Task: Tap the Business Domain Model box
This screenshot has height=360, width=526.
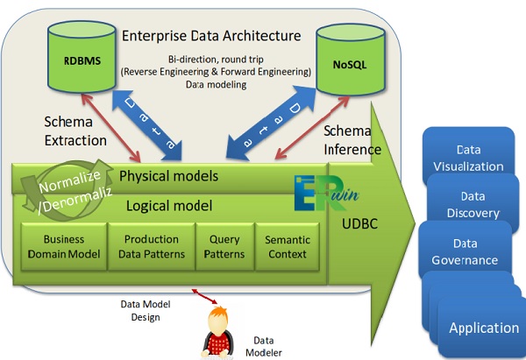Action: pyautogui.click(x=60, y=247)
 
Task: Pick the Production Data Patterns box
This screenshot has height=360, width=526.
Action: pyautogui.click(x=146, y=247)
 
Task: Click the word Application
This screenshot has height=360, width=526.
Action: pyautogui.click(x=484, y=328)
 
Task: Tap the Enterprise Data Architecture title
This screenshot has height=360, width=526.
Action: pyautogui.click(x=210, y=36)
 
